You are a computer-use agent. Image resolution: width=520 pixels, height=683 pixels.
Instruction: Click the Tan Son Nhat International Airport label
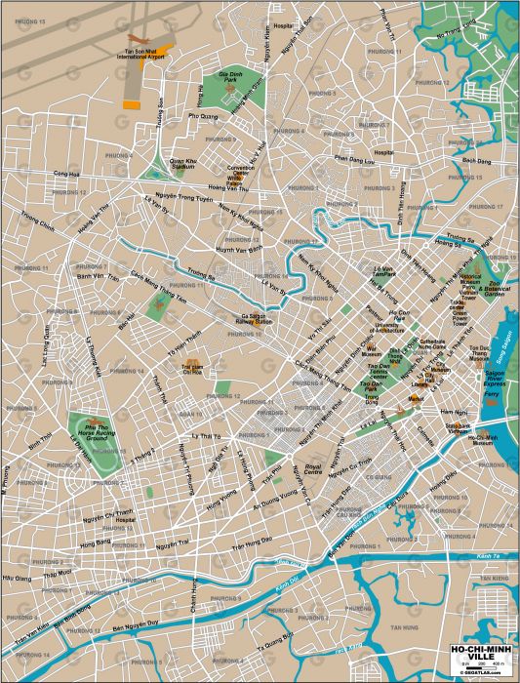point(142,56)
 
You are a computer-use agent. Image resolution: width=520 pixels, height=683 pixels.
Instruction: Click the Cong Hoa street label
point(67,174)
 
